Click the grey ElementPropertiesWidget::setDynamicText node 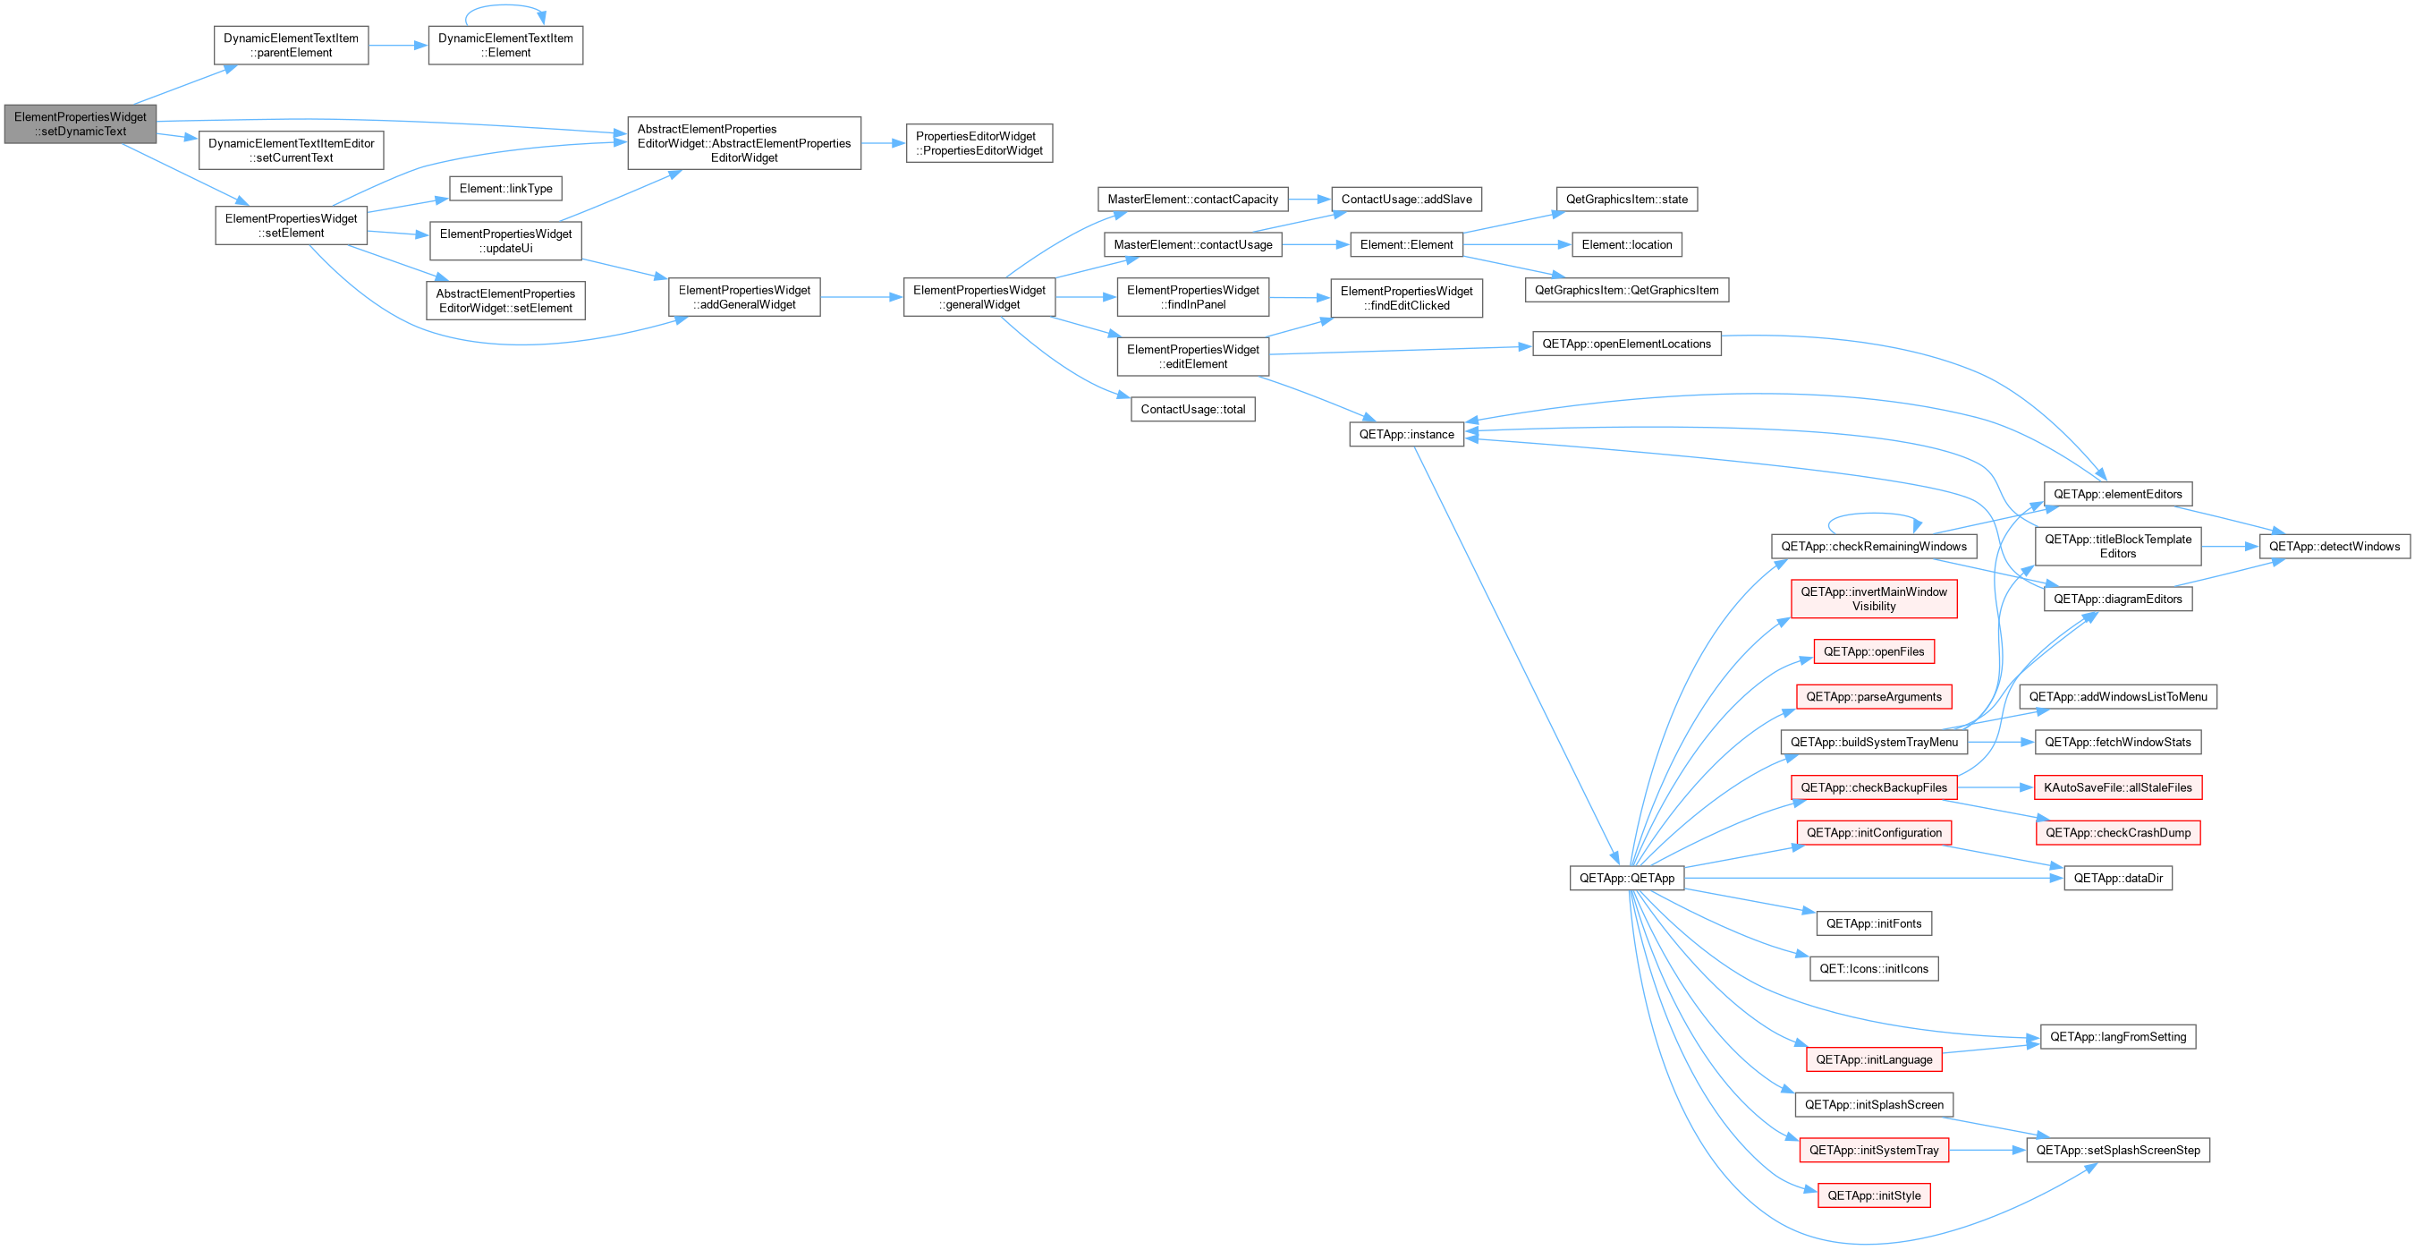tap(80, 123)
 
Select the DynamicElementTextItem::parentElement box tap(291, 45)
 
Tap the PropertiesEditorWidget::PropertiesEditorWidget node tap(979, 143)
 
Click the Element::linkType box tap(505, 189)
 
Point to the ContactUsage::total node tap(1192, 409)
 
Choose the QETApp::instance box tap(1406, 434)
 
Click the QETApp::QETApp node tap(1627, 878)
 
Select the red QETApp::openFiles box tap(1873, 651)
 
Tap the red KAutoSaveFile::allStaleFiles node tap(2118, 787)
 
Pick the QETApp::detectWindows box tap(2334, 546)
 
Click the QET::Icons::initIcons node tap(1873, 969)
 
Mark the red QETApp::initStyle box tap(1873, 1195)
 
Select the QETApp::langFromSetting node tap(2118, 1036)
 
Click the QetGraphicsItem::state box tap(1627, 199)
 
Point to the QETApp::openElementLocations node tap(1627, 344)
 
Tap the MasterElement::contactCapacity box tap(1192, 199)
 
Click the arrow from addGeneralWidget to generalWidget tap(861, 297)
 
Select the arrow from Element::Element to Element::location tap(1517, 245)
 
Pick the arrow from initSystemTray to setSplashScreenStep tap(1987, 1150)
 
